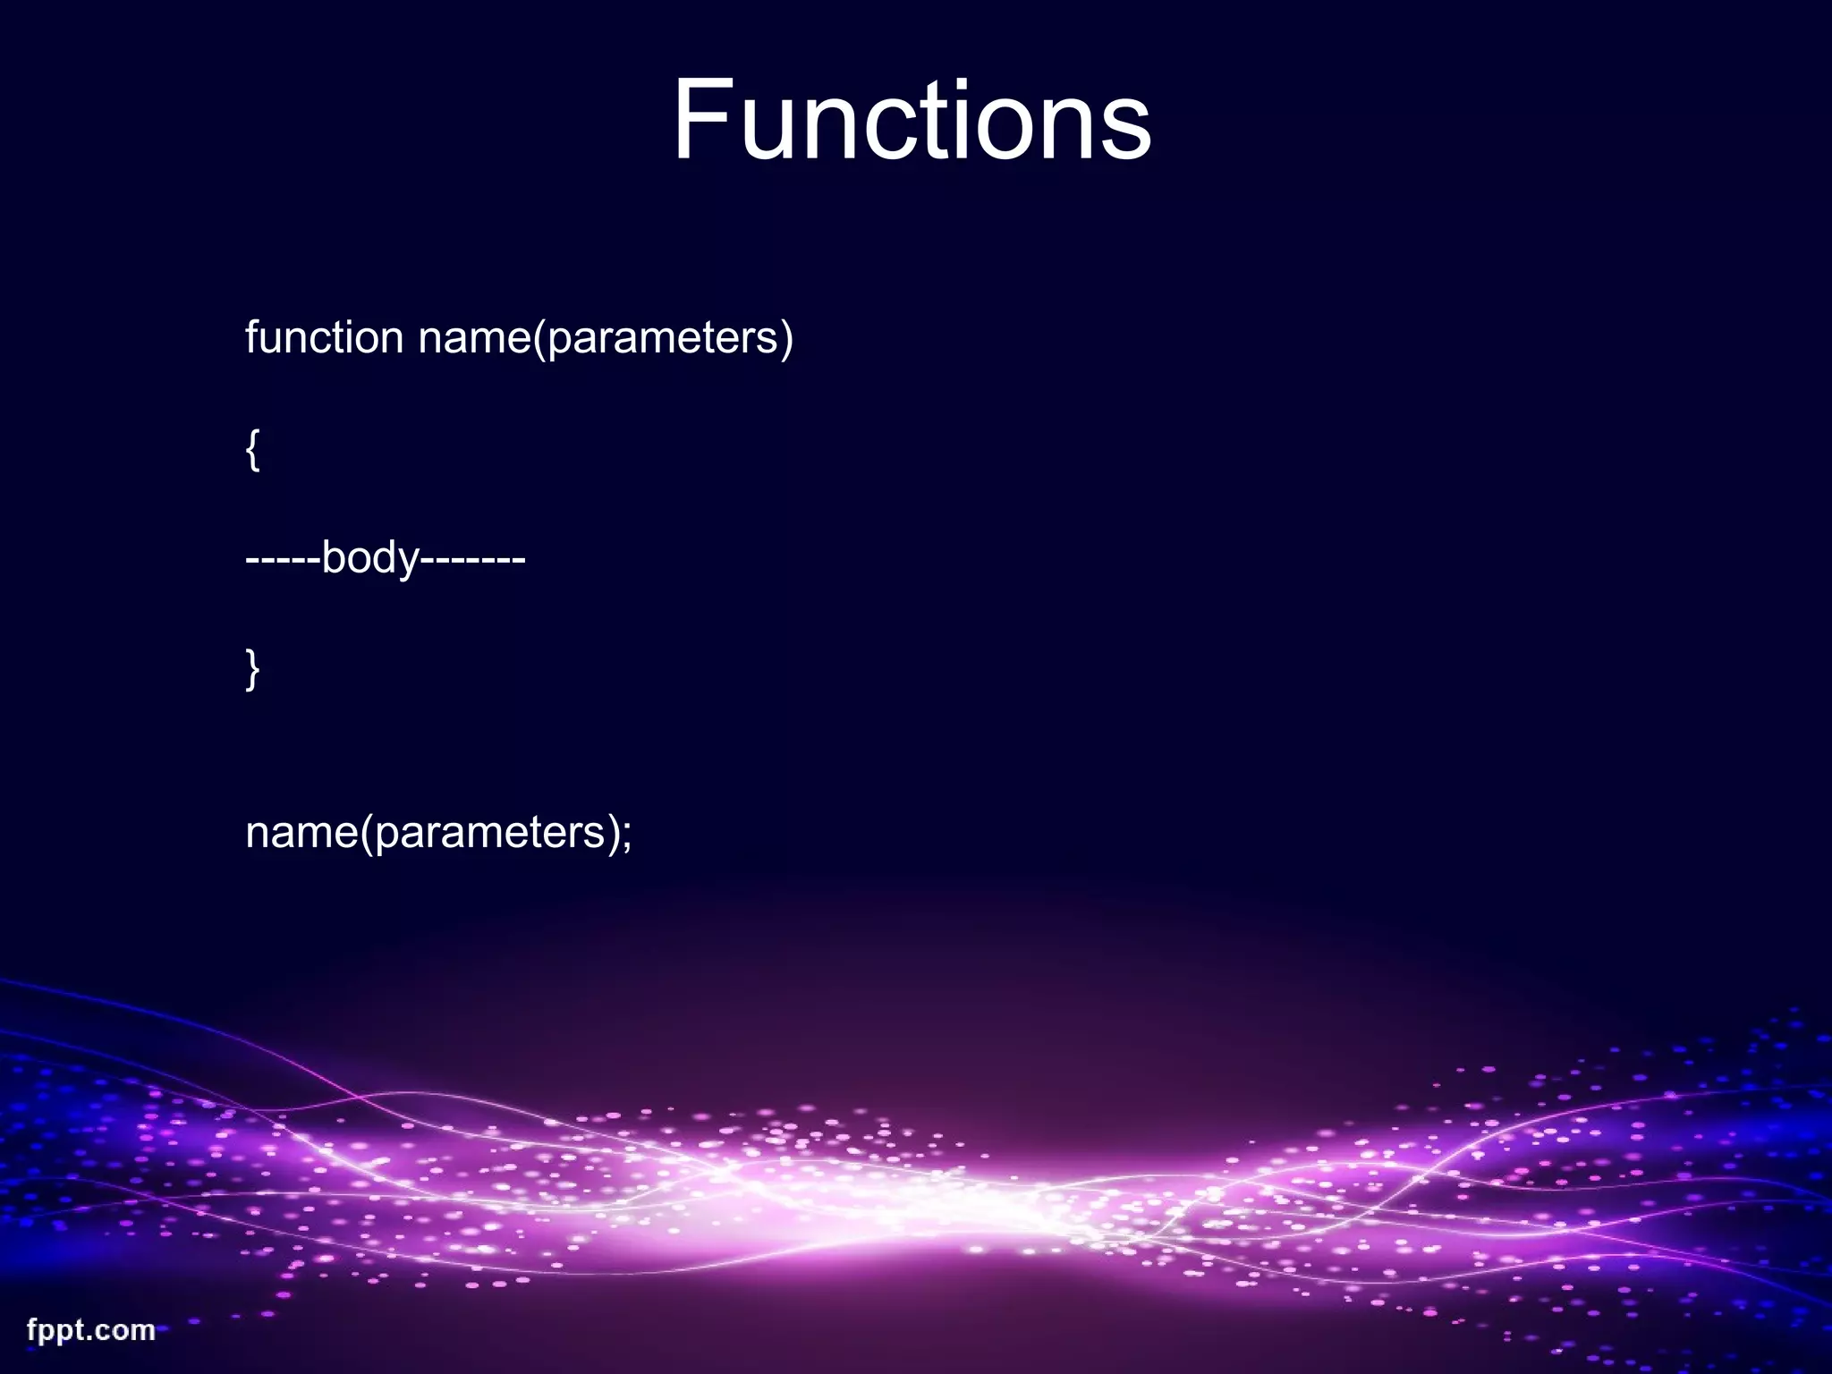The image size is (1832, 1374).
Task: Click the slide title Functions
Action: coord(912,120)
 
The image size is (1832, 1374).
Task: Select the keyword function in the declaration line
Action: coord(324,338)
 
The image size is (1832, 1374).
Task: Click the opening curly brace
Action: coord(252,450)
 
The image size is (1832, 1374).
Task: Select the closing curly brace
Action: coord(252,669)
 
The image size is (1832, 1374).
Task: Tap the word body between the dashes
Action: coord(369,559)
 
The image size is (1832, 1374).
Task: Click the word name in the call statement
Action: coord(301,833)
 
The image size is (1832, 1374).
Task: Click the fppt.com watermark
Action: coord(91,1330)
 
